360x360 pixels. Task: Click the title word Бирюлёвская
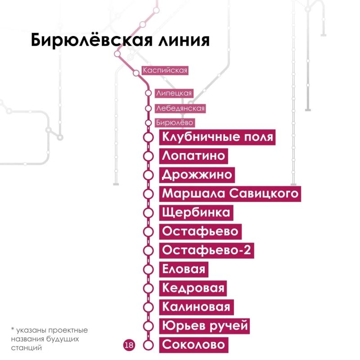(92, 40)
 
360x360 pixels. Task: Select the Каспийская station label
(165, 70)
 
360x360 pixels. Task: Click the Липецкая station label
(174, 93)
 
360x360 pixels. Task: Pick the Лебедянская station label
(180, 108)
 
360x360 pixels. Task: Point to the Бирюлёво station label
(175, 122)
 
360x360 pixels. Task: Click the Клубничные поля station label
(217, 137)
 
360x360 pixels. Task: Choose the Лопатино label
(193, 156)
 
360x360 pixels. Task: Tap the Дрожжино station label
(197, 175)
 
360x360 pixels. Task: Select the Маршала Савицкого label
(230, 194)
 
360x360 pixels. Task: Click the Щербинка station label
(196, 212)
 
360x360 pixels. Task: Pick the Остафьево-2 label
(207, 250)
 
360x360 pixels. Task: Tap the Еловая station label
(184, 269)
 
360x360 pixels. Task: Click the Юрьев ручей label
(204, 326)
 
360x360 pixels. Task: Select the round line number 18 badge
(129, 345)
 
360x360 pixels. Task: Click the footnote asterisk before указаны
(13, 329)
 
